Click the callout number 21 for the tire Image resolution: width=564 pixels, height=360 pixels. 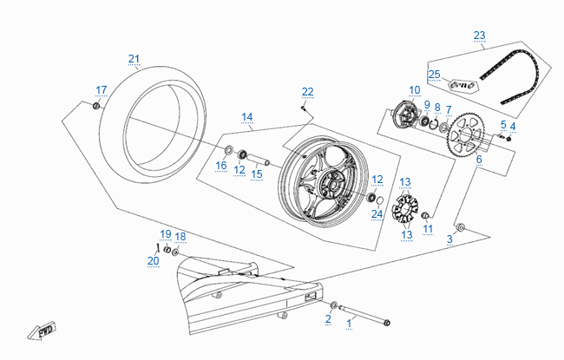pos(134,59)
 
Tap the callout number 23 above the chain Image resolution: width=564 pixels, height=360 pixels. pos(480,36)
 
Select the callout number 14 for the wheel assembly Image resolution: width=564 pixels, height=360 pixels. pos(247,117)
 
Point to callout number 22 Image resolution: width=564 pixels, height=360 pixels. pos(308,91)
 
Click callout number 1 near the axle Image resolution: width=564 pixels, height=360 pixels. pos(351,321)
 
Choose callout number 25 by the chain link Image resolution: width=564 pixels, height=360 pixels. pos(435,75)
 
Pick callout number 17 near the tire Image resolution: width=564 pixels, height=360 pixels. pos(102,89)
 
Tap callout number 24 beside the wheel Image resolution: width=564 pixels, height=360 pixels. pos(377,213)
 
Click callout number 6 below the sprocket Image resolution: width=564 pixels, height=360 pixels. pos(478,159)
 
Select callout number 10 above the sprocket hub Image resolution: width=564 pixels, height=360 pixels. pos(415,89)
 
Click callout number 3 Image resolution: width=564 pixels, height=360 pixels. pos(450,239)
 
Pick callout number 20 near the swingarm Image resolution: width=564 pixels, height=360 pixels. pos(153,260)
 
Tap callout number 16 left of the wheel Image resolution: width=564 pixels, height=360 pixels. pos(221,166)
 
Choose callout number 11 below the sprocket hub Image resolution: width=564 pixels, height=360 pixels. pos(428,228)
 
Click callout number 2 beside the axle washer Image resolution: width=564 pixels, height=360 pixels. pos(328,319)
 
